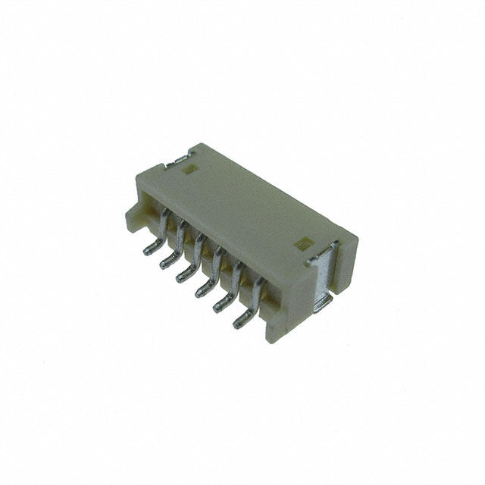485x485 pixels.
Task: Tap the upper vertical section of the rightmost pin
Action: (258, 292)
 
